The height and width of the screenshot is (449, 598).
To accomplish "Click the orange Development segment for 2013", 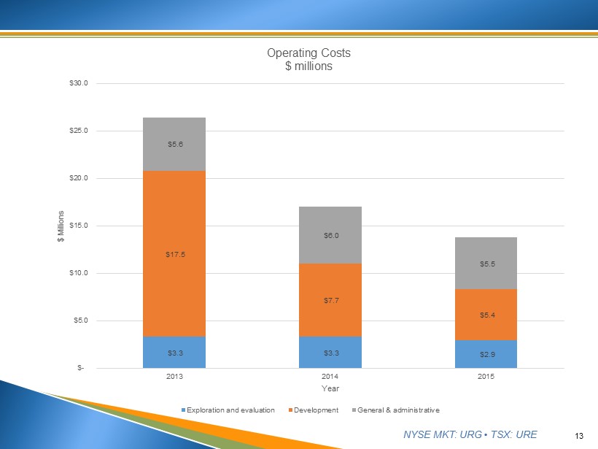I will pyautogui.click(x=175, y=219).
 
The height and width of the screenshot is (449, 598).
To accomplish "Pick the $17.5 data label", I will pyautogui.click(x=175, y=255).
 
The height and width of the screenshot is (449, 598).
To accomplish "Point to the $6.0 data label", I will pyautogui.click(x=331, y=235).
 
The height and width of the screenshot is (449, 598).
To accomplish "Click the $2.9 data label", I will pyautogui.click(x=486, y=354).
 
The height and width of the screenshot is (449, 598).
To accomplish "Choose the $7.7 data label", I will pyautogui.click(x=331, y=300).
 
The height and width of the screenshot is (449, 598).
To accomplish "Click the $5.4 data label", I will pyautogui.click(x=486, y=315).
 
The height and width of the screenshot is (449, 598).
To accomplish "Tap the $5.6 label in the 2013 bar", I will pyautogui.click(x=175, y=145).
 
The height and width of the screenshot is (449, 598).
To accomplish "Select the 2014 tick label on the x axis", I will pyautogui.click(x=331, y=377).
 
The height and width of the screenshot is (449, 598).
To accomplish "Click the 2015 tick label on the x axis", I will pyautogui.click(x=486, y=377).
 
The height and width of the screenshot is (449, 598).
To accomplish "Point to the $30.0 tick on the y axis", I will pyautogui.click(x=79, y=83).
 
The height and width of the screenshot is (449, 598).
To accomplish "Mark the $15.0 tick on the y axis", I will pyautogui.click(x=79, y=226).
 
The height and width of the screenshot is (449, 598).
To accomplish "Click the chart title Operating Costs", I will pyautogui.click(x=308, y=53).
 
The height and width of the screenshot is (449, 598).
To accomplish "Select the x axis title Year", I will pyautogui.click(x=331, y=388).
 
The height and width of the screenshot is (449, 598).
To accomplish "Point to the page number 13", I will pyautogui.click(x=580, y=436).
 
